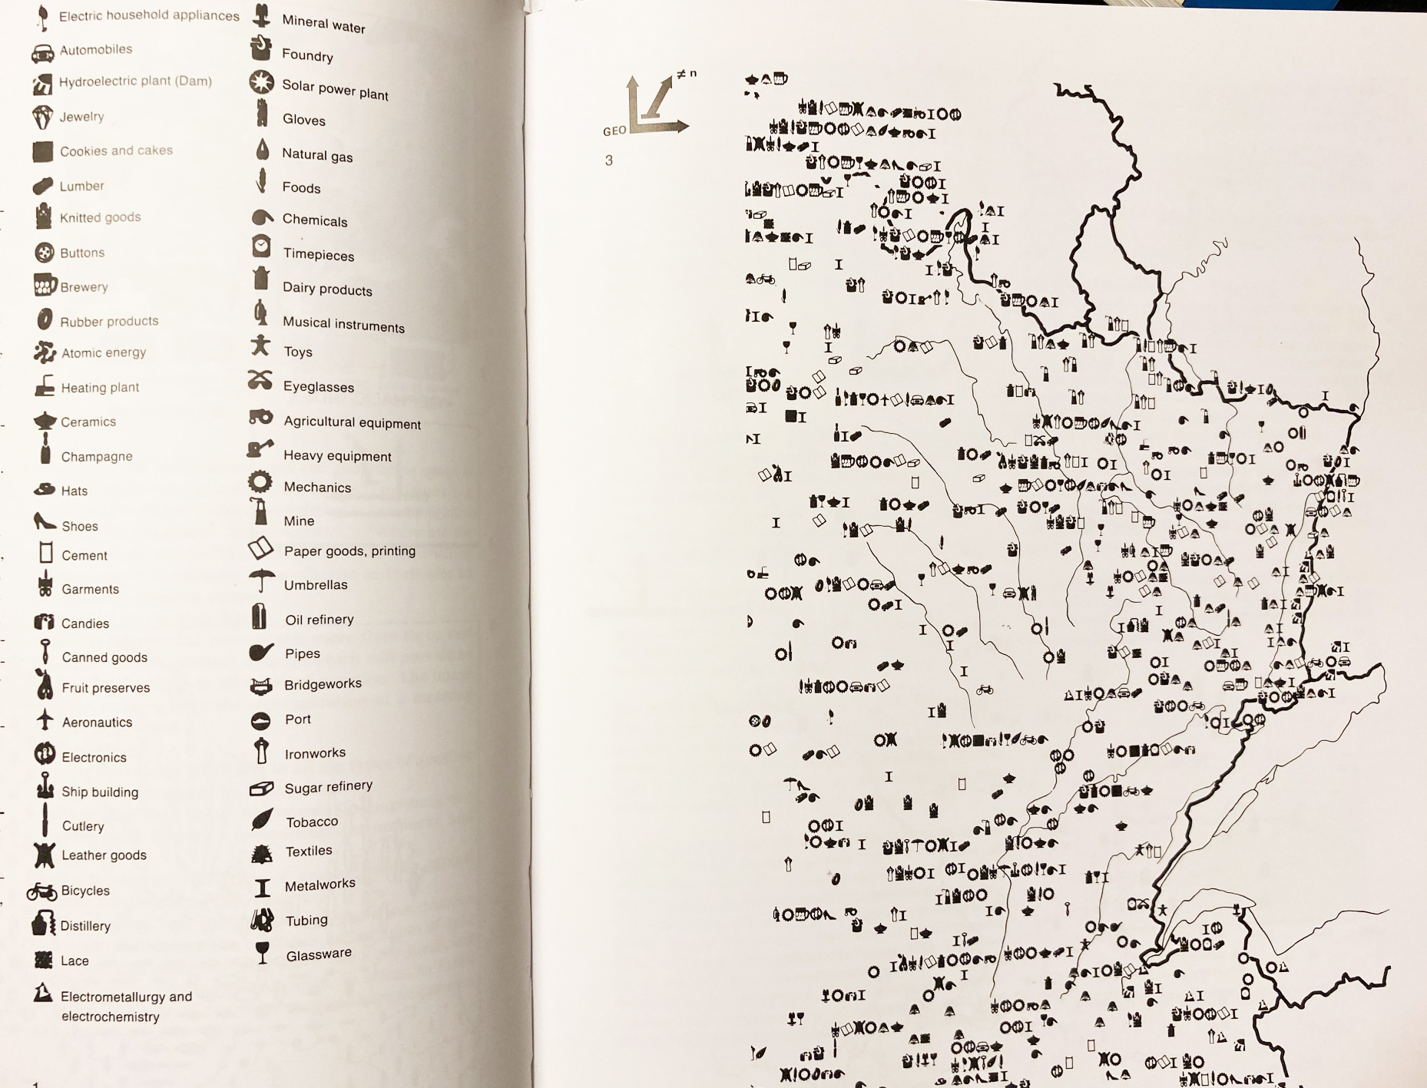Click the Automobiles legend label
click(x=96, y=50)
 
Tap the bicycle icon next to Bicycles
click(x=42, y=891)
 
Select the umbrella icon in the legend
click(x=262, y=581)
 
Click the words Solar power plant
click(x=335, y=89)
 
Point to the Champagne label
click(x=97, y=456)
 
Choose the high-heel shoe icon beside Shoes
click(x=45, y=522)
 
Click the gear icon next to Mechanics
click(x=260, y=482)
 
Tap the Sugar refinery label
click(x=328, y=787)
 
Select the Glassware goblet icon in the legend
click(x=263, y=952)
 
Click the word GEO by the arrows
click(x=614, y=131)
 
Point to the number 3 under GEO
click(x=609, y=160)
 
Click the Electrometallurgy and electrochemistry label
click(x=126, y=1006)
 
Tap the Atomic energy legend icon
click(x=45, y=352)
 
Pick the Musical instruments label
click(x=343, y=324)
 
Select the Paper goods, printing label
click(x=349, y=551)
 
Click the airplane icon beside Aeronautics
click(x=45, y=719)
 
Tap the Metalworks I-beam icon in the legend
click(x=263, y=888)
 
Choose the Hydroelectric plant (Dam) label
click(x=135, y=81)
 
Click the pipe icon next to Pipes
click(x=261, y=652)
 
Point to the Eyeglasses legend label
click(x=319, y=386)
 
